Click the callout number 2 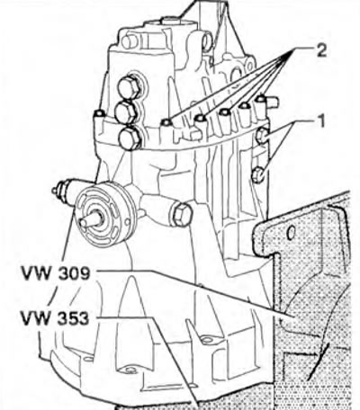coord(320,51)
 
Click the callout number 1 coord(320,122)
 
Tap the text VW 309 coord(56,273)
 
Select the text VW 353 coord(55,318)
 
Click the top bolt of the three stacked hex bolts coord(129,86)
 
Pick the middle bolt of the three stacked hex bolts coord(127,112)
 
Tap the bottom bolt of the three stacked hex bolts coord(130,138)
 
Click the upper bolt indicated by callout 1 coord(263,136)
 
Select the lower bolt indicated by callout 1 coord(258,174)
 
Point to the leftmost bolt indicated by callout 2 coord(166,122)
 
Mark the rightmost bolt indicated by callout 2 coord(261,98)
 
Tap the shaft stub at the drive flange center coord(90,218)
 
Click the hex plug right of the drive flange coord(182,214)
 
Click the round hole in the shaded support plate coord(291,233)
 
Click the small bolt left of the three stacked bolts coord(99,114)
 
